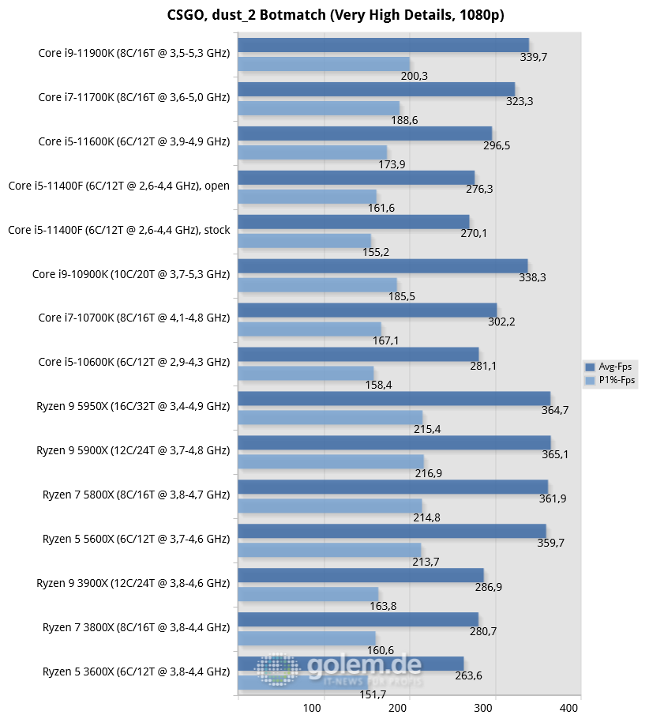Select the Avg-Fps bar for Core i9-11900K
pos(383,44)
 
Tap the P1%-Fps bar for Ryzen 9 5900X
pos(330,461)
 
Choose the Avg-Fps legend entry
pos(609,367)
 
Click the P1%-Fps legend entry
pos(609,381)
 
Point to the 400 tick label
pos(569,708)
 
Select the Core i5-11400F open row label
pos(118,186)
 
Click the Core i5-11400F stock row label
pos(118,231)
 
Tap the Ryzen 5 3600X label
pos(136,672)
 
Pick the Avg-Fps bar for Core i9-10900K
pos(382,265)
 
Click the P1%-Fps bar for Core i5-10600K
pos(306,373)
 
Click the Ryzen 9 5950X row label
pos(133,407)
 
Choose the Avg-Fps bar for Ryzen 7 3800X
pos(358,619)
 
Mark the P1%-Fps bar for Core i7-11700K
pos(318,107)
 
